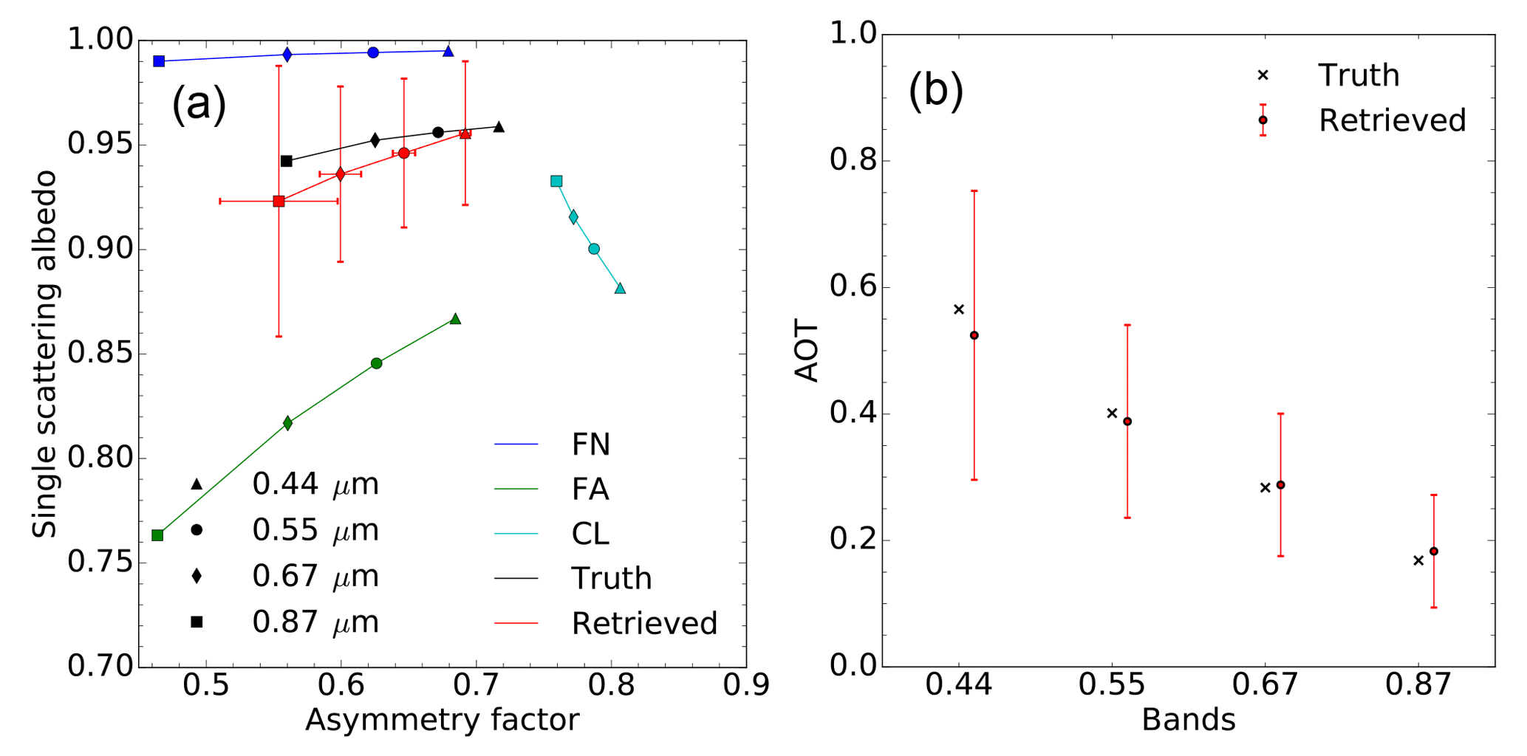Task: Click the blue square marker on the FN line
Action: tap(159, 61)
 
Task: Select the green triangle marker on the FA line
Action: tap(455, 319)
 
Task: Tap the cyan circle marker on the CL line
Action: tap(594, 249)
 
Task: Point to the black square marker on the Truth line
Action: tap(287, 161)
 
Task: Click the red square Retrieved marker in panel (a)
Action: tap(279, 201)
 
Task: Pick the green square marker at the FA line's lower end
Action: tap(157, 535)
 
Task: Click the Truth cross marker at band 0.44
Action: tap(959, 309)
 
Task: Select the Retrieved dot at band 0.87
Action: tap(1434, 551)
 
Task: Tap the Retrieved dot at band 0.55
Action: tap(1127, 422)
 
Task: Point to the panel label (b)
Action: tap(936, 92)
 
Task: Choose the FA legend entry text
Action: tap(590, 489)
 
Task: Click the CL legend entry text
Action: tap(590, 534)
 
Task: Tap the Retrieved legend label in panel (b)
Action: tap(1392, 120)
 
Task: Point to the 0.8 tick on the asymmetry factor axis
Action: tap(612, 685)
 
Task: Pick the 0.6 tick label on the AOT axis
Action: tap(853, 287)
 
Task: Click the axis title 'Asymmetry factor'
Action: tap(442, 720)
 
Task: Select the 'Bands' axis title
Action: tap(1188, 720)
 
